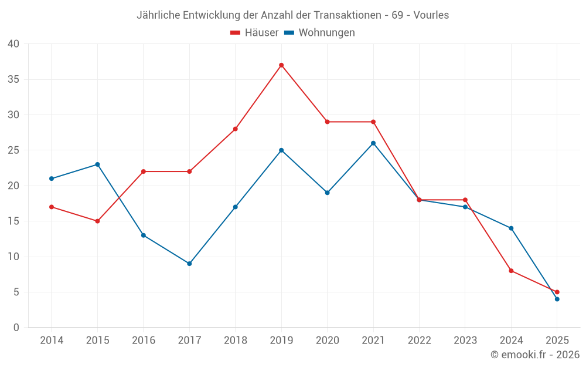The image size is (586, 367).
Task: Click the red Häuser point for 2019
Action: [x=281, y=65]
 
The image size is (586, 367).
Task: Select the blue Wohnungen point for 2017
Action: [x=189, y=264]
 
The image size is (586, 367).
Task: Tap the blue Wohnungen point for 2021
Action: [x=373, y=143]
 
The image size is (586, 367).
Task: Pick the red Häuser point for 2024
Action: [x=511, y=271]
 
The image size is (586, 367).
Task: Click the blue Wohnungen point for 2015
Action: [x=97, y=164]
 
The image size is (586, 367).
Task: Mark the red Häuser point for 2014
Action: [x=52, y=207]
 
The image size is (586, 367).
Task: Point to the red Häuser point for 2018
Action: [x=235, y=129]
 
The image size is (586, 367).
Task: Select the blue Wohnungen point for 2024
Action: [x=511, y=228]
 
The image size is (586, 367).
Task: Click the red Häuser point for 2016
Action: [x=144, y=171]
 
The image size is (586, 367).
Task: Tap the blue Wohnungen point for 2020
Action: [x=327, y=193]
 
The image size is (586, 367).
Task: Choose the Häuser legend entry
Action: [x=254, y=33]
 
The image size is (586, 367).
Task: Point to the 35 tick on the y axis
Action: [x=13, y=79]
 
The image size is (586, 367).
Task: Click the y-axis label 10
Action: [x=13, y=257]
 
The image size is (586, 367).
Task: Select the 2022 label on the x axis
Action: [x=419, y=341]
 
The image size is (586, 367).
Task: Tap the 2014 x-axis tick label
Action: [x=52, y=341]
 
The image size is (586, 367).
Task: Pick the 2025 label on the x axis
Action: [x=557, y=341]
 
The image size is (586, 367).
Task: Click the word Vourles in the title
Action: [x=431, y=15]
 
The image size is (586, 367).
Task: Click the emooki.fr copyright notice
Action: [x=535, y=355]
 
